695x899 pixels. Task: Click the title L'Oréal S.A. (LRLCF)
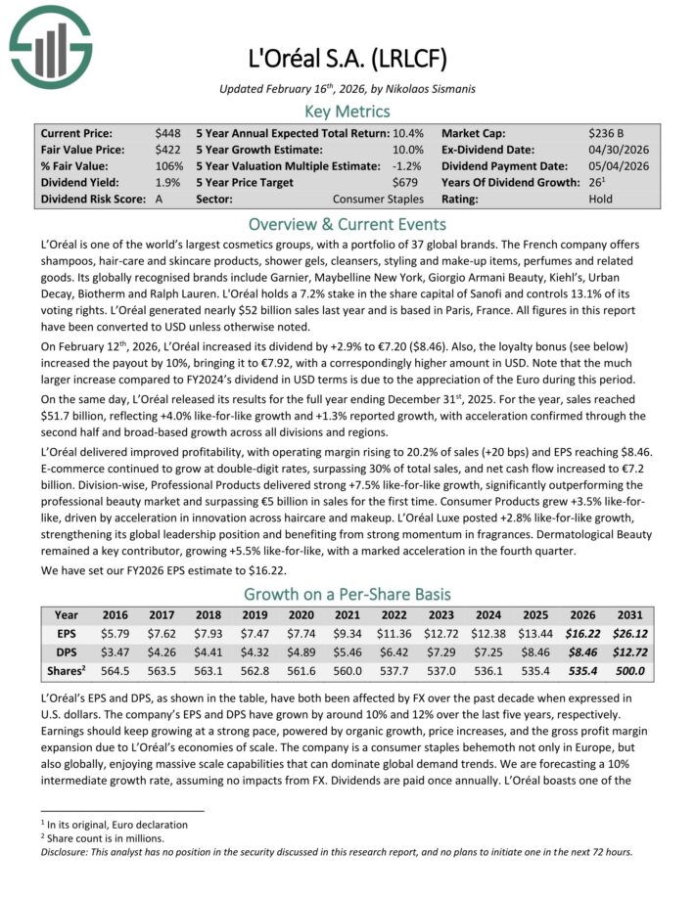point(347,57)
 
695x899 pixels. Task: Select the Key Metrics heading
point(347,111)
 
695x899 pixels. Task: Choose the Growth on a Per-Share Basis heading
point(347,594)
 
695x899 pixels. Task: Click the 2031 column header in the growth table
point(630,615)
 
